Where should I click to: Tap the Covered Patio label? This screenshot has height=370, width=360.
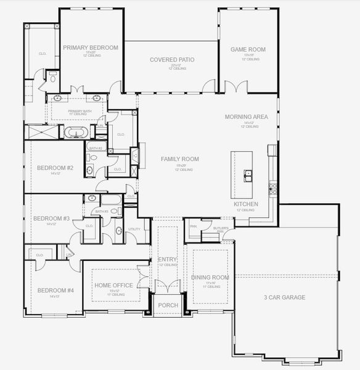tap(172, 60)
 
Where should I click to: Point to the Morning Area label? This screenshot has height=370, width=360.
tap(245, 117)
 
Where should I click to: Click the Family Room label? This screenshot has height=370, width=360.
tap(180, 159)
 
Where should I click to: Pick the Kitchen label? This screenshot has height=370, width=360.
tap(245, 203)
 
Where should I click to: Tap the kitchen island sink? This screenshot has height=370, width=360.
tap(248, 175)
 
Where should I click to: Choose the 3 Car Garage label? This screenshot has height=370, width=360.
tap(285, 297)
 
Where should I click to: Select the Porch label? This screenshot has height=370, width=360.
tap(168, 305)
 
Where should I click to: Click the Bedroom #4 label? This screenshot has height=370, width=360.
tap(55, 290)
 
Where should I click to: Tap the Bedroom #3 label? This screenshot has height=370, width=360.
tap(51, 218)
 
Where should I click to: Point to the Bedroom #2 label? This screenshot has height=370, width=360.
tap(55, 168)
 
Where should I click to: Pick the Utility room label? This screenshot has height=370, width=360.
tap(134, 229)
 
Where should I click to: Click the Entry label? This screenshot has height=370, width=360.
tap(167, 260)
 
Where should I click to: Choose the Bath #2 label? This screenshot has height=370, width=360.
tap(94, 149)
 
